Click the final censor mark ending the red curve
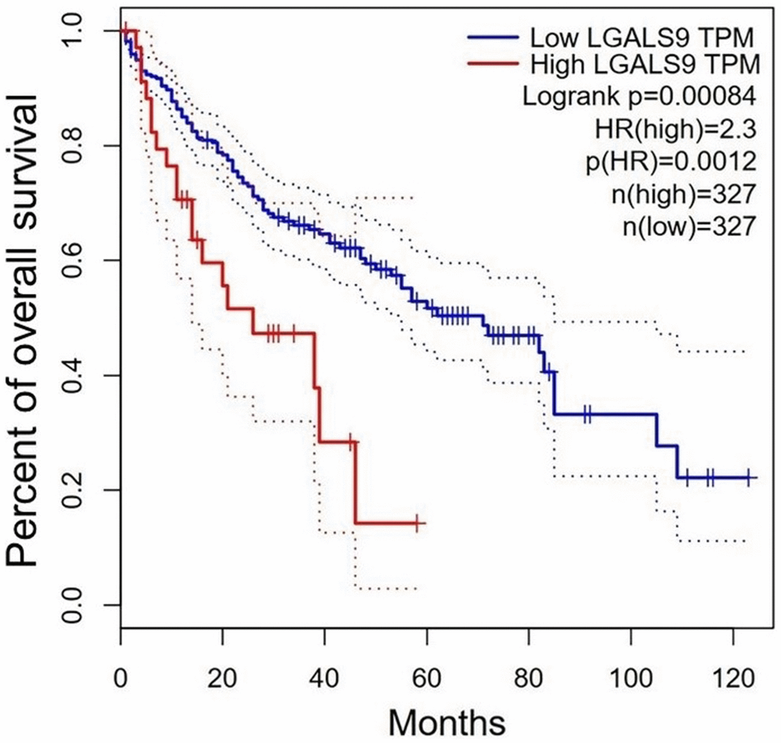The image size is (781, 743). tap(417, 523)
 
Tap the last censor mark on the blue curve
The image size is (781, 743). tap(748, 478)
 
